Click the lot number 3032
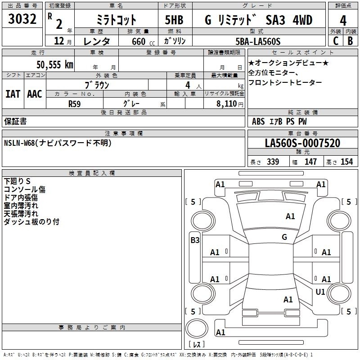pos(22,19)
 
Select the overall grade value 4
pos(343,21)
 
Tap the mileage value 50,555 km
pos(55,65)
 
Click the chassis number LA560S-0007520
pos(302,143)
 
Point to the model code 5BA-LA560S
pos(258,41)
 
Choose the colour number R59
pos(74,104)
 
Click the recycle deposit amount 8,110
pos(226,104)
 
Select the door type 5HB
pos(174,20)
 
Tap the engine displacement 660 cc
pos(143,41)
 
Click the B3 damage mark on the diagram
pos(195,240)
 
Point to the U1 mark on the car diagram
pos(320,292)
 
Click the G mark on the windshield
pos(284,237)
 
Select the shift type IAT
pos(13,94)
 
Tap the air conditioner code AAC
pos(35,94)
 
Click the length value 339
pos(273,162)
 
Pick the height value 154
pos(346,162)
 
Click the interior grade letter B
pos(350,41)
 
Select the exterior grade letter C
pos(336,41)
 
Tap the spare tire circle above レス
pos(197,328)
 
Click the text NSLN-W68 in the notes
pos(19,143)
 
